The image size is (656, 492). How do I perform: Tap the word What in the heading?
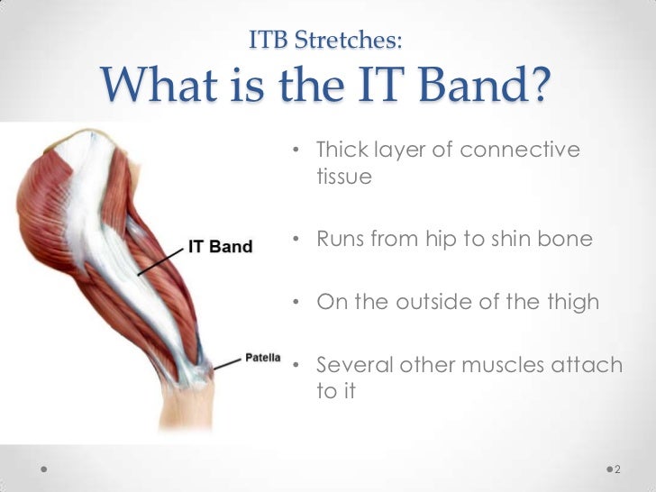click(158, 87)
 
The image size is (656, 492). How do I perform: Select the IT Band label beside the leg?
click(221, 247)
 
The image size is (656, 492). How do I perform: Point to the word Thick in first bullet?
click(343, 149)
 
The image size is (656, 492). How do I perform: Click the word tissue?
click(344, 178)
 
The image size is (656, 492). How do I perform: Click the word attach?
click(590, 365)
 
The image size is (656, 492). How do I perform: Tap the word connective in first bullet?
click(519, 149)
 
